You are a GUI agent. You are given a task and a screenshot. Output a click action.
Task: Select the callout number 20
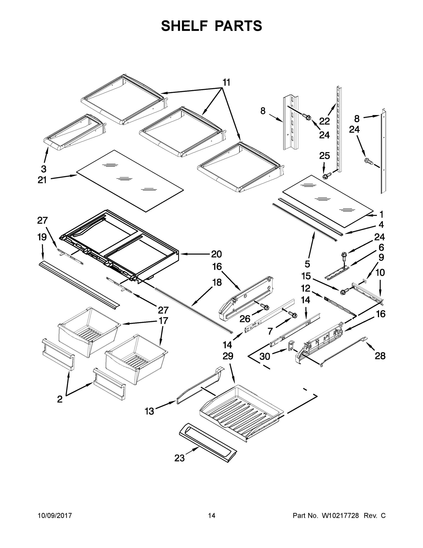(216, 254)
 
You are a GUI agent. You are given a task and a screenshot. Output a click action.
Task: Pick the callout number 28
(380, 356)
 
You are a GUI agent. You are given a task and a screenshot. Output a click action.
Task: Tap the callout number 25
(324, 155)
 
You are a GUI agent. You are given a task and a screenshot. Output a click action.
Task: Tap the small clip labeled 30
(291, 345)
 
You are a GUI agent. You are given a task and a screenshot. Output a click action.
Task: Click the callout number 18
(217, 282)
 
